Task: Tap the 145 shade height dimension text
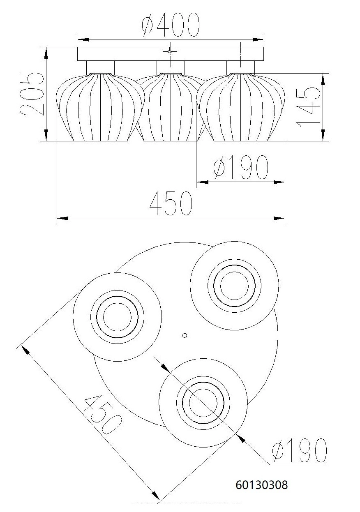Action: point(307,107)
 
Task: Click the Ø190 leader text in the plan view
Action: point(300,450)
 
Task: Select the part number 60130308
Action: point(262,485)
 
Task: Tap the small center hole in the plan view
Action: point(185,335)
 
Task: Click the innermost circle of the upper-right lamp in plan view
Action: point(234,285)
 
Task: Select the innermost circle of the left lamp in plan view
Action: point(117,317)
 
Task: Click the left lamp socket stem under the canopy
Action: point(100,67)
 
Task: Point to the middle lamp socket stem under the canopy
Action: point(171,67)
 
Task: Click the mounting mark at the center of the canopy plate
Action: point(170,51)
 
